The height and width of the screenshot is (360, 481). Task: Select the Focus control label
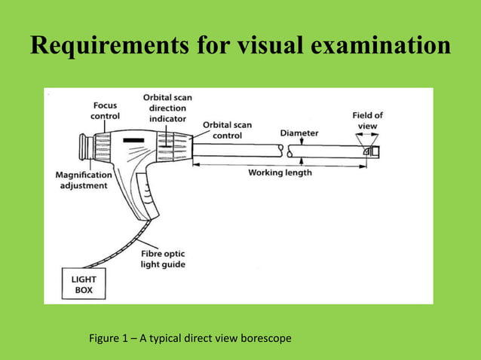[105, 111]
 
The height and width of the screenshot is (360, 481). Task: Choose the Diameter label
[299, 133]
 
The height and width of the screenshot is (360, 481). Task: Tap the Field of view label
[368, 121]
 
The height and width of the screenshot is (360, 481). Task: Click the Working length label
[280, 172]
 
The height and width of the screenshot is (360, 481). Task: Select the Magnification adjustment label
[84, 180]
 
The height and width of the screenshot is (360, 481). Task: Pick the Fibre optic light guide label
[163, 259]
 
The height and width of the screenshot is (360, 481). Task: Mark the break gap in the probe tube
[288, 151]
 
